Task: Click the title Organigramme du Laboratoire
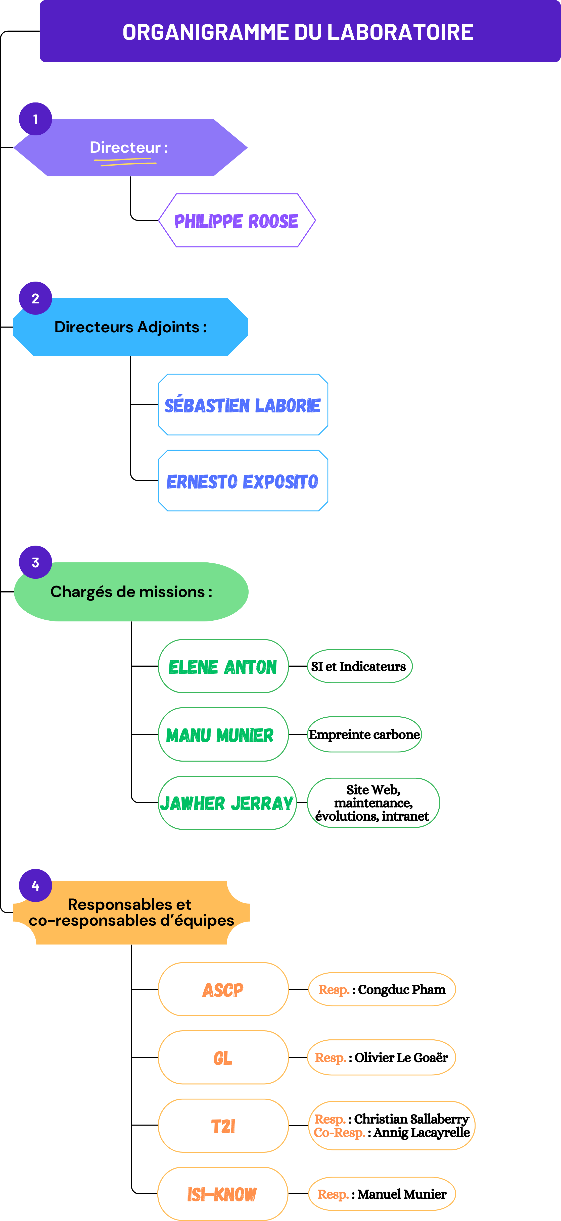pos(298,32)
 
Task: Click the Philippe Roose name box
pos(237,220)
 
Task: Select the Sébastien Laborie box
pos(243,405)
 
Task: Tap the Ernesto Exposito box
pos(243,481)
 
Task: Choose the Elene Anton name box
pos(223,666)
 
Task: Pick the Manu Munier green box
pos(223,735)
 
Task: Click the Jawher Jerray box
pos(227,803)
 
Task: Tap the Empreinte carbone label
pos(364,735)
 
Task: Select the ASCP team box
pos(223,990)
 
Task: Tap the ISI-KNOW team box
pos(222,1194)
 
